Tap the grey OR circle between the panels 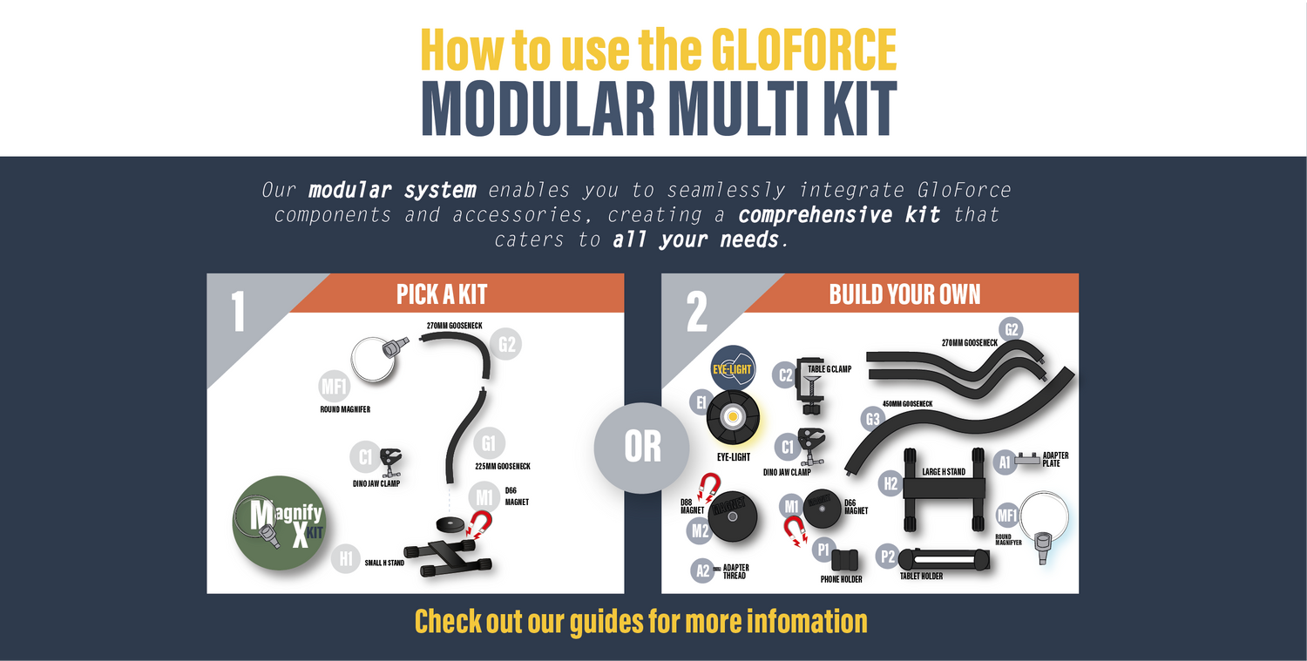point(642,447)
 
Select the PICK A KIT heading point(442,294)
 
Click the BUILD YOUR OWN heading point(904,294)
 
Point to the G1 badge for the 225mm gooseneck point(488,443)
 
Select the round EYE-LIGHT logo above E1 point(733,368)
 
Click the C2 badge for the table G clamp point(786,375)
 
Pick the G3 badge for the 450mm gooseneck point(872,420)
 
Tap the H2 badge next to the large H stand point(891,482)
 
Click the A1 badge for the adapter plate point(1006,462)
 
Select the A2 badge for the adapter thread point(703,570)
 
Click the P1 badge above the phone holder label point(823,550)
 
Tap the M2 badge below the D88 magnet point(700,529)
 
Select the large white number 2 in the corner point(696,313)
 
